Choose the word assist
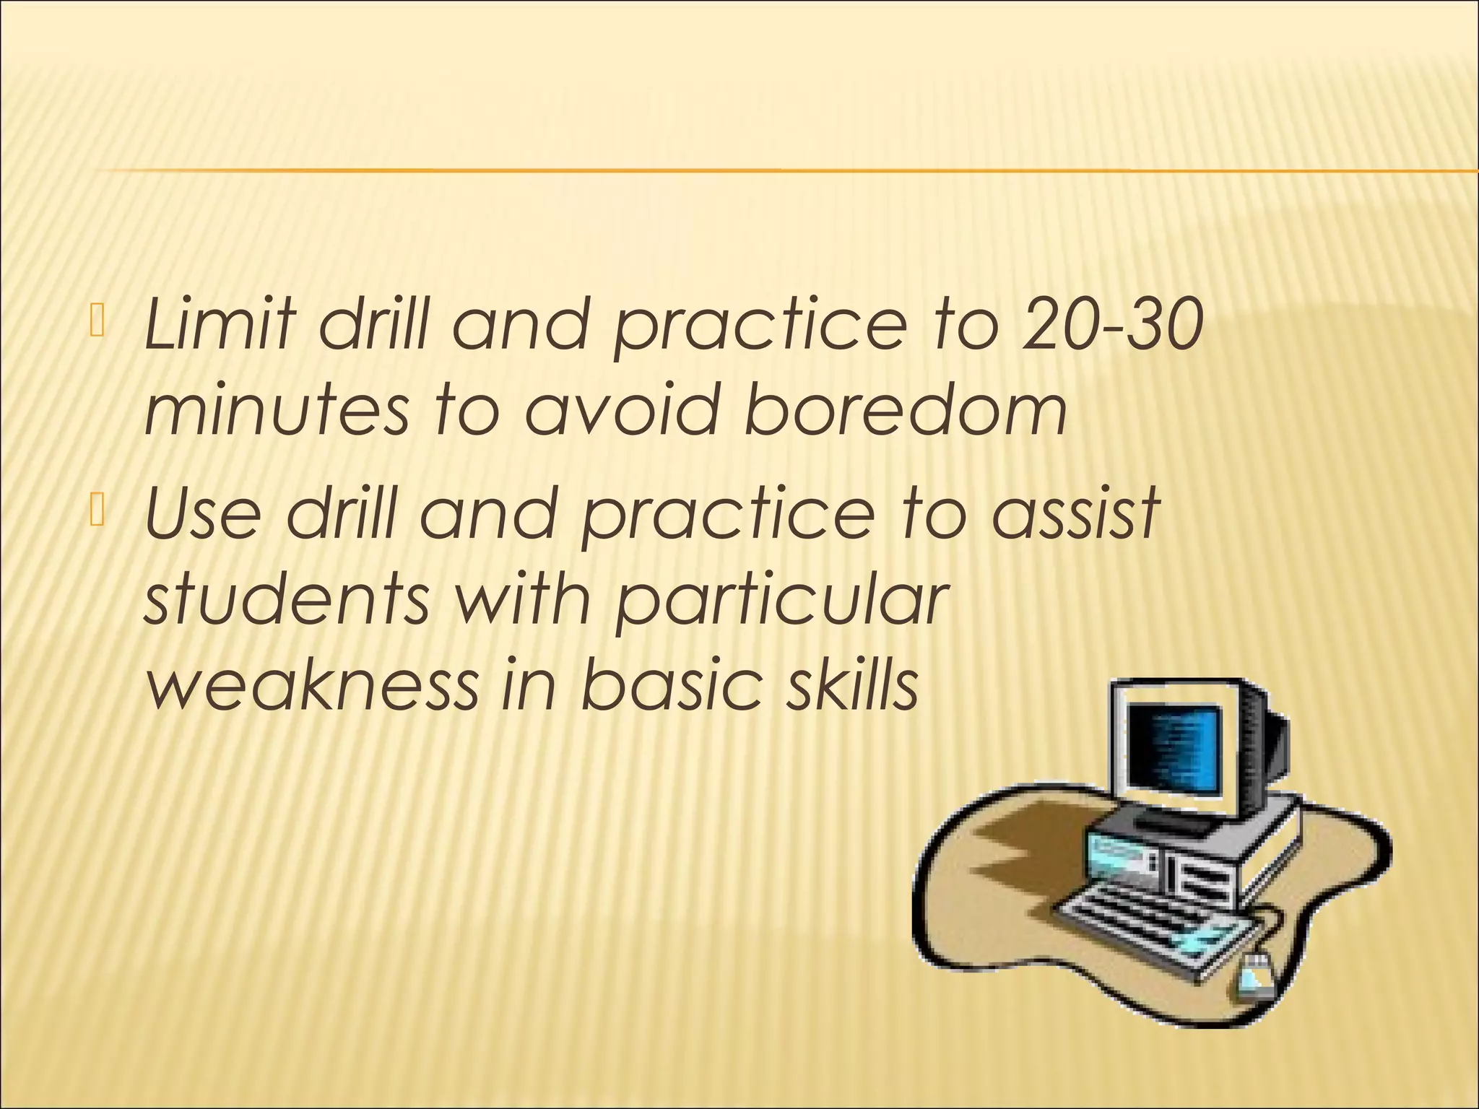(1075, 513)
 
